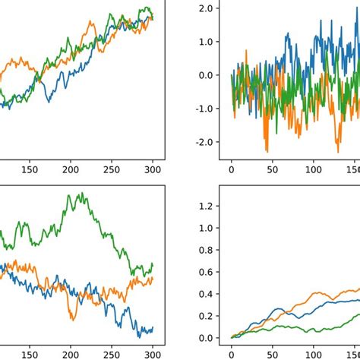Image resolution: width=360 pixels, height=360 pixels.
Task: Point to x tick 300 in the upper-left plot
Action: pos(153,171)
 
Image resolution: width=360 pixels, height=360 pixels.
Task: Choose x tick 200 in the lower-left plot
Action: pos(71,353)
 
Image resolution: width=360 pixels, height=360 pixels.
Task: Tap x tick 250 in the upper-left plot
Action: pos(112,171)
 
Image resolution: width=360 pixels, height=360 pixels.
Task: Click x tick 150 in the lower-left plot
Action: pos(30,353)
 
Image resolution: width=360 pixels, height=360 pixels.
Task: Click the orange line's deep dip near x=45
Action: pos(267,151)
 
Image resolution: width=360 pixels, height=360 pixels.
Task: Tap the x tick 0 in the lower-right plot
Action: pos(232,353)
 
